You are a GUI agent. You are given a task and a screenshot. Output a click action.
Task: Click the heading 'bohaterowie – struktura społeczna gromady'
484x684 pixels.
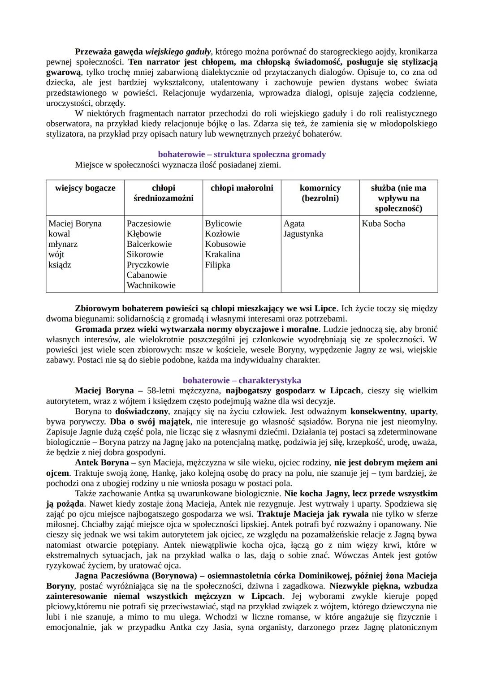point(242,154)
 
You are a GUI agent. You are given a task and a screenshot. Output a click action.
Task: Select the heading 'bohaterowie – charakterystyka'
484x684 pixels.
point(242,380)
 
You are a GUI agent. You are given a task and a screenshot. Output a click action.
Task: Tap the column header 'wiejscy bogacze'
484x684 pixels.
point(85,188)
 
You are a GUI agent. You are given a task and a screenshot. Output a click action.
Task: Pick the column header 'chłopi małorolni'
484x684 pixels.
point(242,188)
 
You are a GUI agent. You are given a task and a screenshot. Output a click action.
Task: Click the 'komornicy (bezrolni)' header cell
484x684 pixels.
point(320,193)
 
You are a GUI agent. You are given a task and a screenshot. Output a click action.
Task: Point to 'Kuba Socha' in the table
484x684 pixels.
point(383,224)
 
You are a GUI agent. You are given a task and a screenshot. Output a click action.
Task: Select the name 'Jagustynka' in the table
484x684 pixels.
point(303,234)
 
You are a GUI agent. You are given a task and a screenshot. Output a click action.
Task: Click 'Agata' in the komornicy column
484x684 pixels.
point(294,224)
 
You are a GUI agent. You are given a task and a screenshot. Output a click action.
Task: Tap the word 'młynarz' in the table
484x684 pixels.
point(63,244)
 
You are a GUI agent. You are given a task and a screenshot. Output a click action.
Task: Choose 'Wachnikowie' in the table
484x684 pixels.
point(151,285)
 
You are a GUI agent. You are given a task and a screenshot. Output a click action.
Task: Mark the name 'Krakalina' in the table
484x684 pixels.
point(222,254)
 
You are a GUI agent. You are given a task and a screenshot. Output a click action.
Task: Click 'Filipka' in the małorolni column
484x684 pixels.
point(217,265)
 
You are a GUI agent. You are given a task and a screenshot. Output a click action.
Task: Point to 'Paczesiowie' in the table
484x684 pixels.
point(149,224)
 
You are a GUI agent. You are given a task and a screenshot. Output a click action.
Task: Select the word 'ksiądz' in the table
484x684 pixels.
point(60,265)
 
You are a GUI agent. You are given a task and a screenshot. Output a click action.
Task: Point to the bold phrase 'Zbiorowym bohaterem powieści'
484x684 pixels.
point(136,309)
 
